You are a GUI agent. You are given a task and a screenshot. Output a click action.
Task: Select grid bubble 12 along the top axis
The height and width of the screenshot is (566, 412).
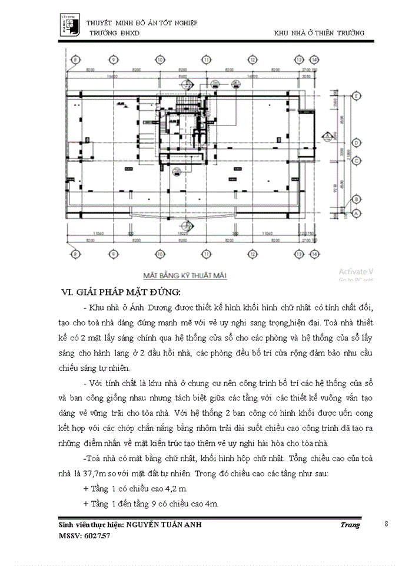click(252, 60)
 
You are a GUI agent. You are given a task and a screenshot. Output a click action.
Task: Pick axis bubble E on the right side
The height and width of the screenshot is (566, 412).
click(356, 96)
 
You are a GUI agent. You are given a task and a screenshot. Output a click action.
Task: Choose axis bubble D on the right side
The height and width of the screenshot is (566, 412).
click(356, 143)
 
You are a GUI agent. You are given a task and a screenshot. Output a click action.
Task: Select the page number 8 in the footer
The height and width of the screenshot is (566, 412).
click(386, 524)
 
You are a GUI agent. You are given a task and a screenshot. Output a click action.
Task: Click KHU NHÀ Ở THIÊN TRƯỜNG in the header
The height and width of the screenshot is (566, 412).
click(319, 33)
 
